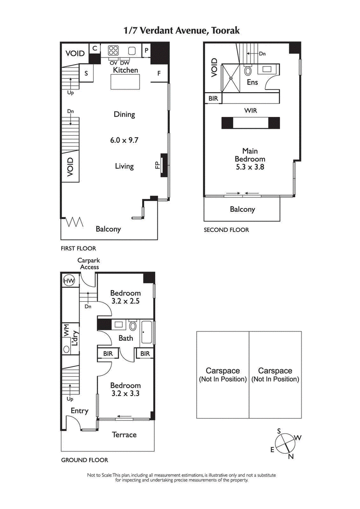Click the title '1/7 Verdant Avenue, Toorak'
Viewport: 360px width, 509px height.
coord(182,31)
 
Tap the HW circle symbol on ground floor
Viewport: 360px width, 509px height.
coord(69,281)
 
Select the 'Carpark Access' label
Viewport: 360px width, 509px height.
coord(88,263)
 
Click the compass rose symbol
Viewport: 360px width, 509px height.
coord(285,444)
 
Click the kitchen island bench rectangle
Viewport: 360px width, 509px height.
coord(125,83)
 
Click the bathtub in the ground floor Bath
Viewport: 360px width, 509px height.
coord(147,333)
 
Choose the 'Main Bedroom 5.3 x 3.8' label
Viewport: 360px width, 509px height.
coord(250,159)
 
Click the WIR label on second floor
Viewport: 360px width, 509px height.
coord(250,110)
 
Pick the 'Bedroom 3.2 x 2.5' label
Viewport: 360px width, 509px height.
coord(126,297)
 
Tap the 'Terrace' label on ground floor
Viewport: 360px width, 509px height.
coord(124,434)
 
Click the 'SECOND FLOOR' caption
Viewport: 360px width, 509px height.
coord(226,230)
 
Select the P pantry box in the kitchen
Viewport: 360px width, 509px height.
coord(146,50)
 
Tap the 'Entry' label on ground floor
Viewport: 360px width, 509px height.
coord(80,411)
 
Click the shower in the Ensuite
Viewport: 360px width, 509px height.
coord(231,78)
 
